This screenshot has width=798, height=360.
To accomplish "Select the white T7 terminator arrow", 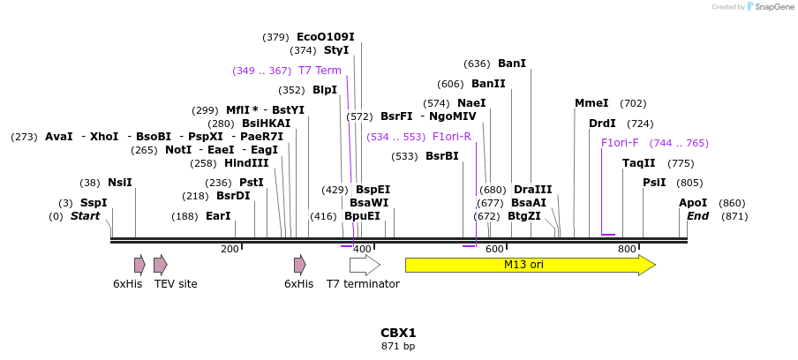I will click(x=365, y=265).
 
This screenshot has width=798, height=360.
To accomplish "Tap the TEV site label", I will click(x=176, y=284).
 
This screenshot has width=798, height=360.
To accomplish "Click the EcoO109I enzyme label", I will click(x=326, y=37).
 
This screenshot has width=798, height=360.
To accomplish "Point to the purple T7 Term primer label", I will click(x=320, y=71).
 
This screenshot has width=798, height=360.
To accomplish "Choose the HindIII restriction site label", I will click(x=246, y=163).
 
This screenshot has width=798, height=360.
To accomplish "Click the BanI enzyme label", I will click(x=512, y=64).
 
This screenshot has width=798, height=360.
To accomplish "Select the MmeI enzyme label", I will click(x=591, y=103).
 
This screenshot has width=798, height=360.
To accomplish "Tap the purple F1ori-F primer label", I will click(x=620, y=143).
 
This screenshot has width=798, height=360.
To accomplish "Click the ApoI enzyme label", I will click(x=693, y=203).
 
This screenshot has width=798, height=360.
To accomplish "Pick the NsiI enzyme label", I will click(x=120, y=183).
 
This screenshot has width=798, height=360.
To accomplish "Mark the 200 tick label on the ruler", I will click(x=230, y=249).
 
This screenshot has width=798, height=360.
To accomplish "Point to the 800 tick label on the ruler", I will click(x=627, y=249).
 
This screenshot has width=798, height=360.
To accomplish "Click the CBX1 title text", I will click(x=398, y=333).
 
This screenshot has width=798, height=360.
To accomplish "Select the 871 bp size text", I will click(x=398, y=346).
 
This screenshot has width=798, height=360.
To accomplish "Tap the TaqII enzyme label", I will click(x=639, y=163).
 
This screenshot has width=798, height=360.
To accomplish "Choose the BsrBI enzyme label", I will click(x=442, y=156).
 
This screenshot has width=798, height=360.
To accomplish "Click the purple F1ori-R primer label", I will click(x=452, y=137).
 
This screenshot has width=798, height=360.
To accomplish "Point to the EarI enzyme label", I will click(x=218, y=216).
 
